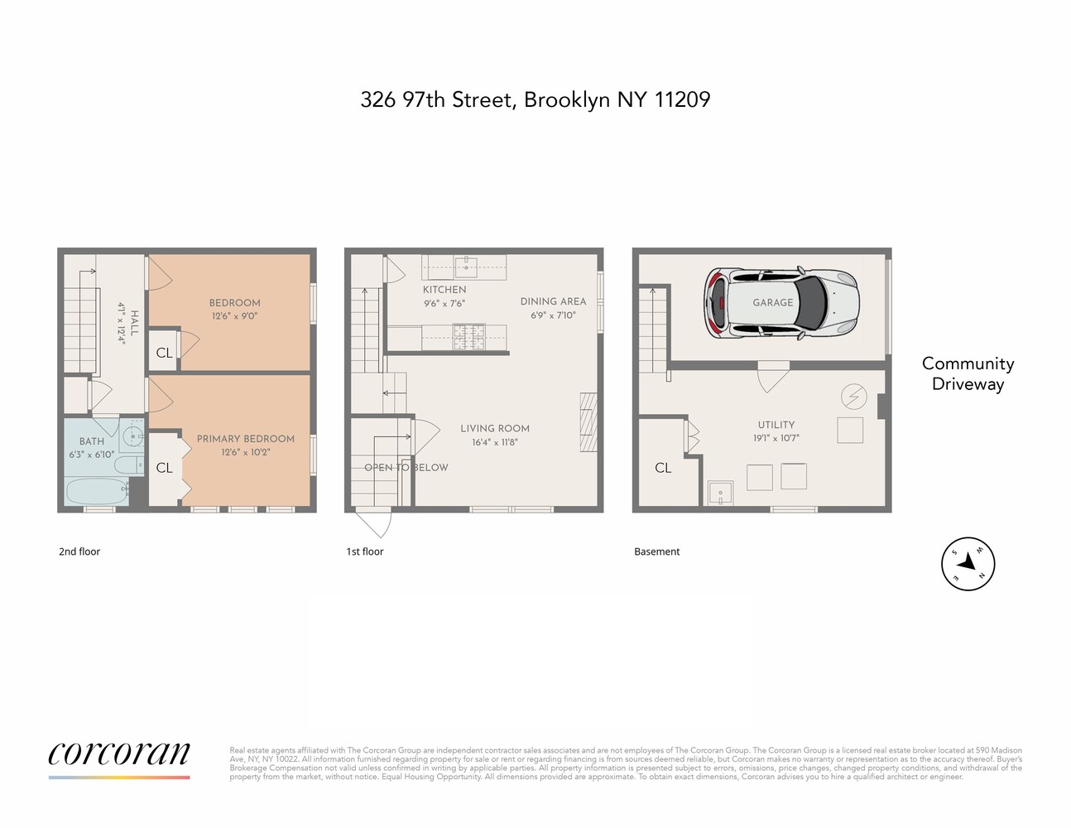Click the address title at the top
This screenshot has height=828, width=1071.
pos(535,99)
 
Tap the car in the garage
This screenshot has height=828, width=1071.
pos(780,303)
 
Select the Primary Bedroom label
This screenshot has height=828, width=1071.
pos(245,439)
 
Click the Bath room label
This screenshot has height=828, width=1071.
pos(92,441)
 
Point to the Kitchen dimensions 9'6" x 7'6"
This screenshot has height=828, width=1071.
pos(444,303)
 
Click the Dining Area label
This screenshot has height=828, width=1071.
pos(553,301)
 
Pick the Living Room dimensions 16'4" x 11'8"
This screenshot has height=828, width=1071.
pos(494,442)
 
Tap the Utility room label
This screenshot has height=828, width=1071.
pos(776,425)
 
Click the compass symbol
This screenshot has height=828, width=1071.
pos(968,564)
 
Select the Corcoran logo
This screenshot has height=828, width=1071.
pos(119,755)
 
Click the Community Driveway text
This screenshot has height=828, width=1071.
pos(968,373)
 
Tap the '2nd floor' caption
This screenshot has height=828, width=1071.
pos(79,551)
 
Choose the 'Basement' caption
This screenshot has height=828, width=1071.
pos(656,551)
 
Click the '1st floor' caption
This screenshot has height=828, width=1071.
pos(365,551)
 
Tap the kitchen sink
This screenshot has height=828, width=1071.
pos(466,266)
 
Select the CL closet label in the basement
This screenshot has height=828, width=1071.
pos(663,468)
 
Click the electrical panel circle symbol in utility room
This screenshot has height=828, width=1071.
pos(853,397)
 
